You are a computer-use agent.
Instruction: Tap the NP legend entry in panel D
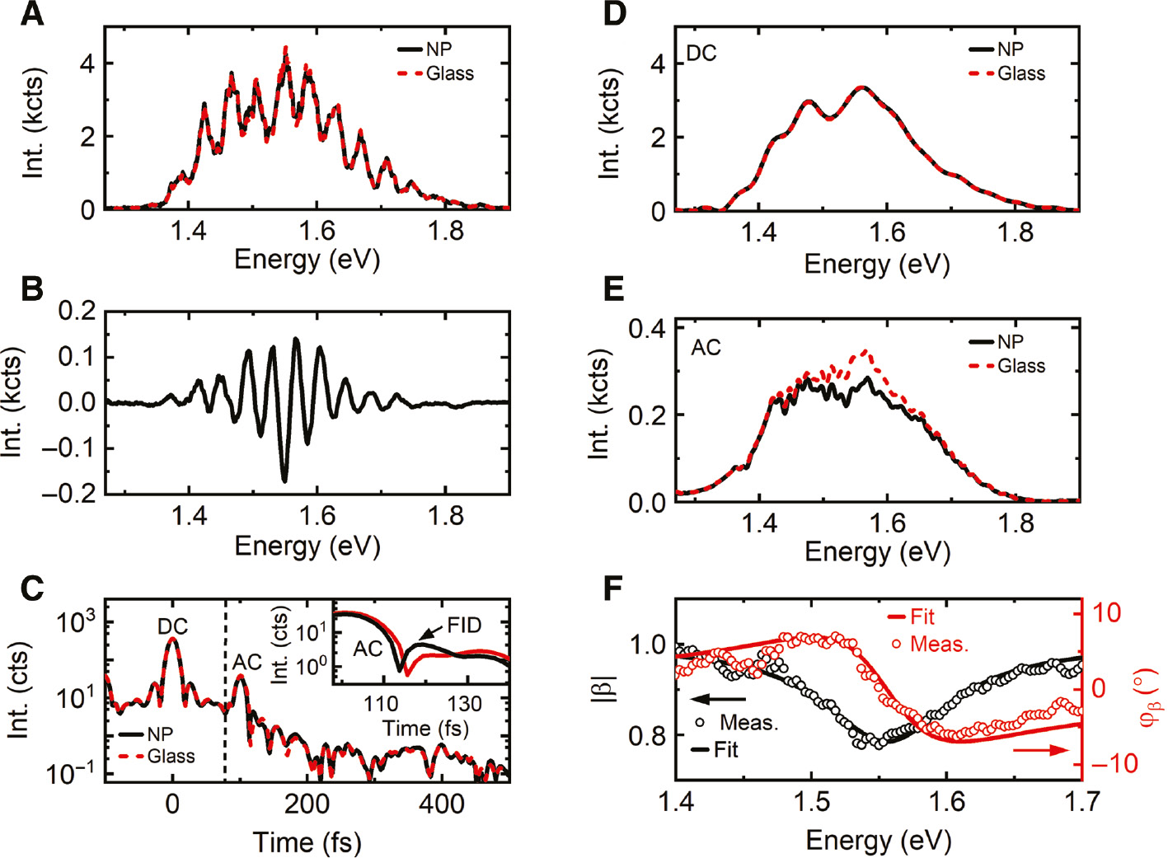point(1010,49)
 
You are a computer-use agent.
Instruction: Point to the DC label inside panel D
point(701,54)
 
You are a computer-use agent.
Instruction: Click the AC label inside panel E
point(706,348)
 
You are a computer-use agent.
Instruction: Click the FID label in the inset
point(464,625)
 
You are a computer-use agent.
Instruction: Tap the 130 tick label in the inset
point(464,704)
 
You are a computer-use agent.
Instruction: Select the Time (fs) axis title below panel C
point(307,842)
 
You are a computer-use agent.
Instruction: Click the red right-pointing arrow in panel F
point(1040,750)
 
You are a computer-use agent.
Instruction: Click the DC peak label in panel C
point(172,626)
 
